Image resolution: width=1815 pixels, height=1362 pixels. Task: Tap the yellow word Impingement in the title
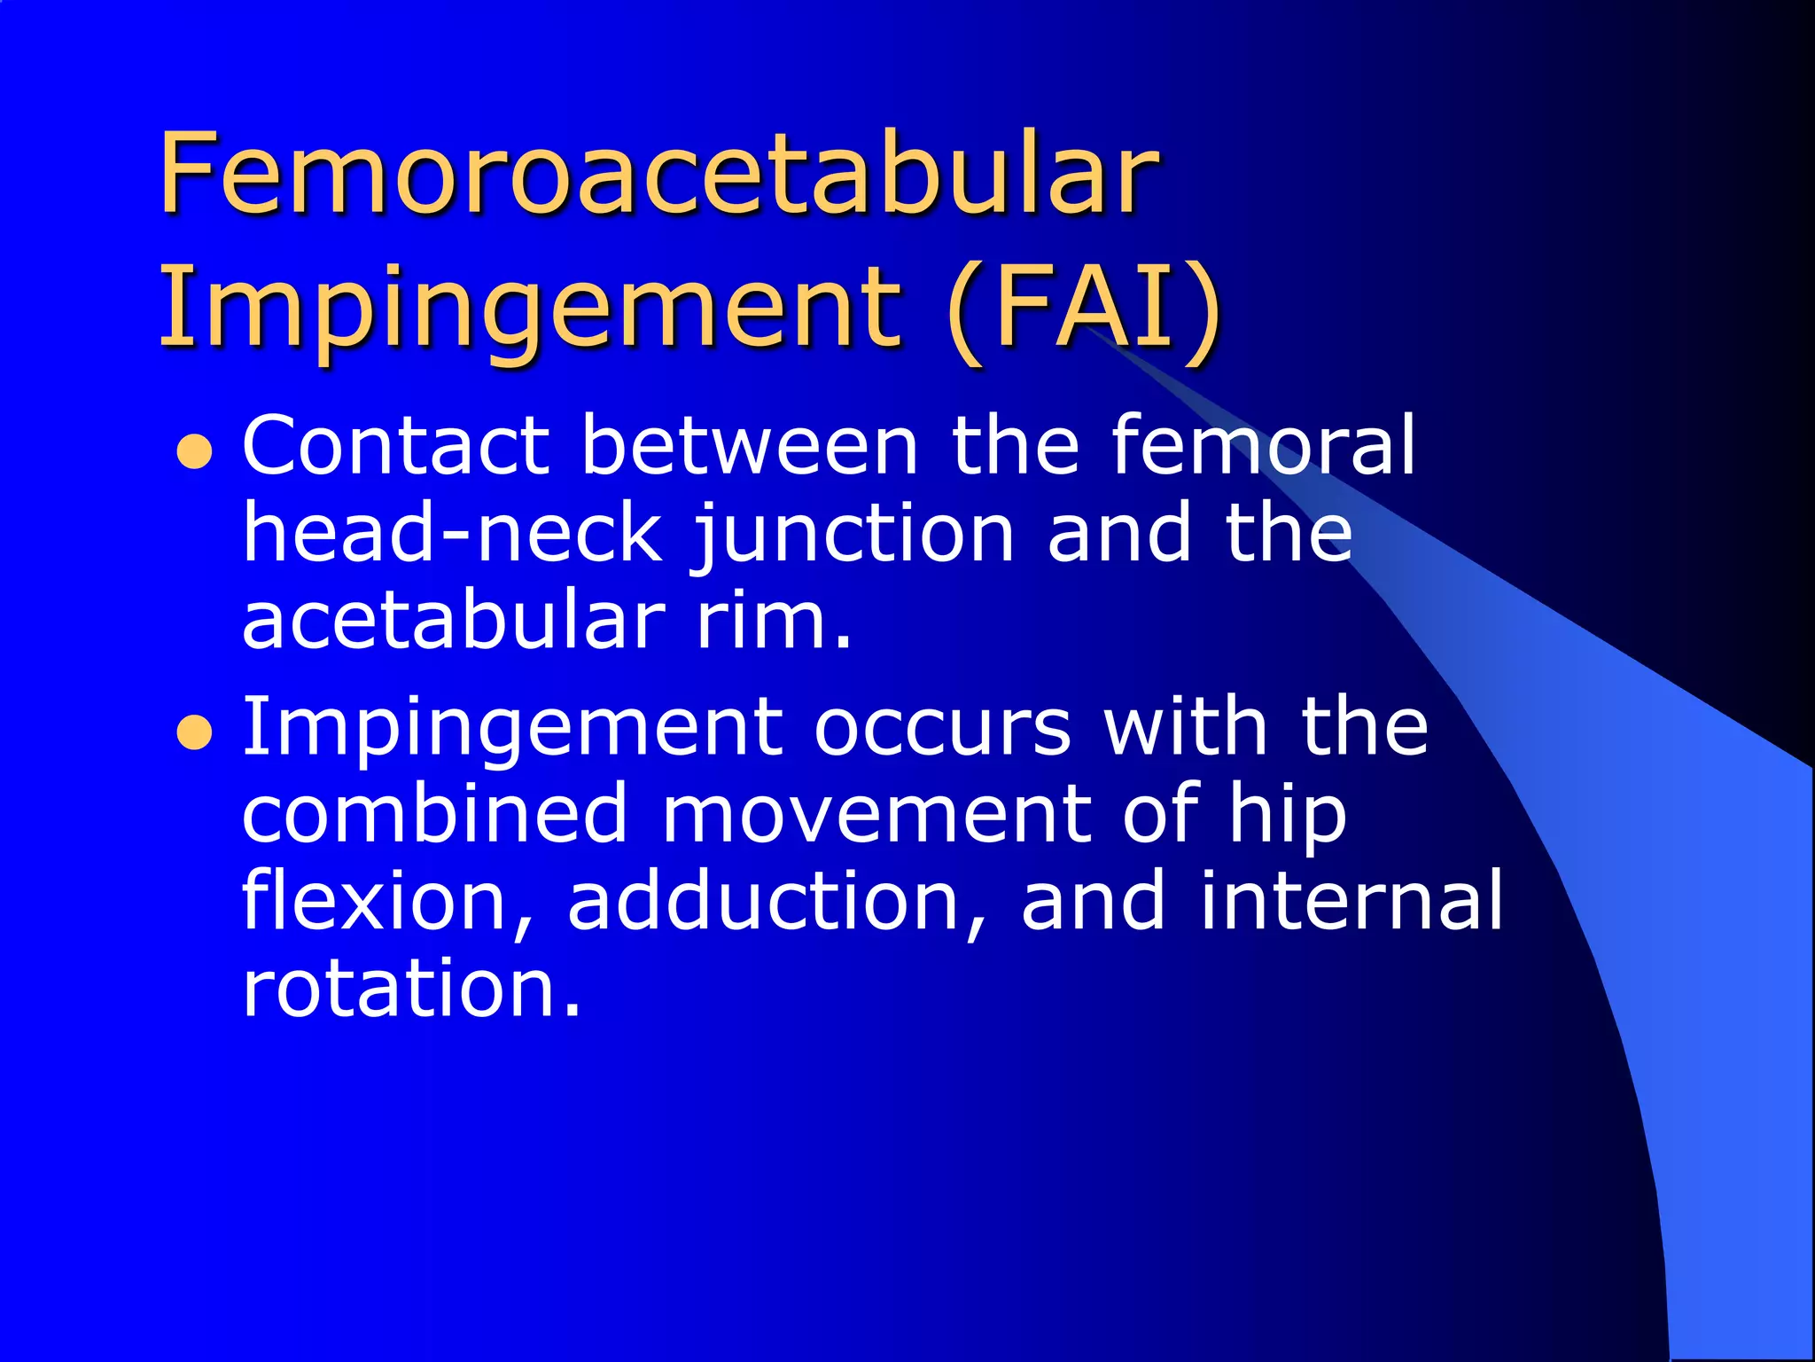point(530,308)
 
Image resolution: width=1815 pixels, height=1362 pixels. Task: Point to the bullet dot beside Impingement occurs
point(194,733)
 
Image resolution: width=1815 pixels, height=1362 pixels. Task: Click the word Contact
point(395,446)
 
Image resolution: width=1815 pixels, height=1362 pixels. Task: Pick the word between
point(750,446)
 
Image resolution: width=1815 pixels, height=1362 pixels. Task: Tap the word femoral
point(1263,446)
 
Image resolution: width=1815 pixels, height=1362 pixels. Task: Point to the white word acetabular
point(453,620)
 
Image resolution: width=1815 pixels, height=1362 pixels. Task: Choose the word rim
point(774,620)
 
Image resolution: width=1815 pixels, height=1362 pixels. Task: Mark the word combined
point(434,814)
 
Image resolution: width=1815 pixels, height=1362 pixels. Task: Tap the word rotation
point(411,988)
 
